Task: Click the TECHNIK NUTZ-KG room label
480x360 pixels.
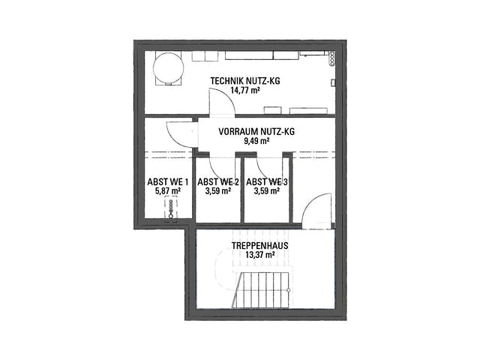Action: click(x=245, y=81)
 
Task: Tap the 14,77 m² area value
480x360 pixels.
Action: click(x=245, y=90)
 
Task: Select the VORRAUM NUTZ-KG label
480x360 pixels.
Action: click(x=256, y=132)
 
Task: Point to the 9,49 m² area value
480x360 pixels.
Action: click(x=256, y=141)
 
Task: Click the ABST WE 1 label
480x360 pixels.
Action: click(x=168, y=181)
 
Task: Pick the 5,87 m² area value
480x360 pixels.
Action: click(x=168, y=191)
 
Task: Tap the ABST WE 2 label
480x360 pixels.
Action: click(x=218, y=181)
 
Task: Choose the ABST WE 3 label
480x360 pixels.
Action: click(x=267, y=181)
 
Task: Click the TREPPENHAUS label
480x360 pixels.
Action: click(x=260, y=245)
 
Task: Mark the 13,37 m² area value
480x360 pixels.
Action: click(x=260, y=255)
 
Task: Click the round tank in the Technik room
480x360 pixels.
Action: click(x=168, y=68)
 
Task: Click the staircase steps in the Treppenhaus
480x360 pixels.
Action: click(x=260, y=290)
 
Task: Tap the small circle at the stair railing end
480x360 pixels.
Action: click(x=288, y=290)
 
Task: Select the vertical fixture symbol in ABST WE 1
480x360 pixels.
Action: click(x=171, y=208)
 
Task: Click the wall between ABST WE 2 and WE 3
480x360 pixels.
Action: click(x=242, y=190)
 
